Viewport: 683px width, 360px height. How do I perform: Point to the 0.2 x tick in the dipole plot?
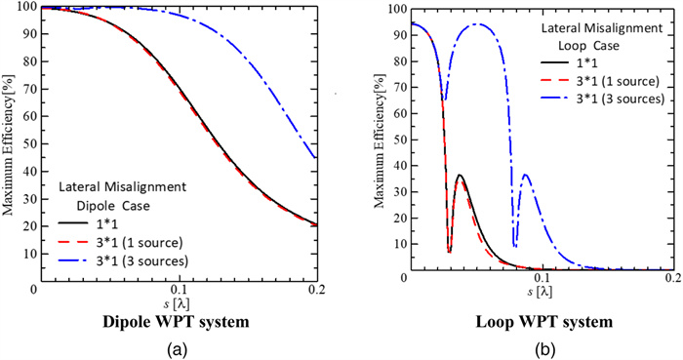(x=318, y=291)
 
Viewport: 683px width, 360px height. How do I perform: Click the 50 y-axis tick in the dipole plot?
(x=23, y=143)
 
